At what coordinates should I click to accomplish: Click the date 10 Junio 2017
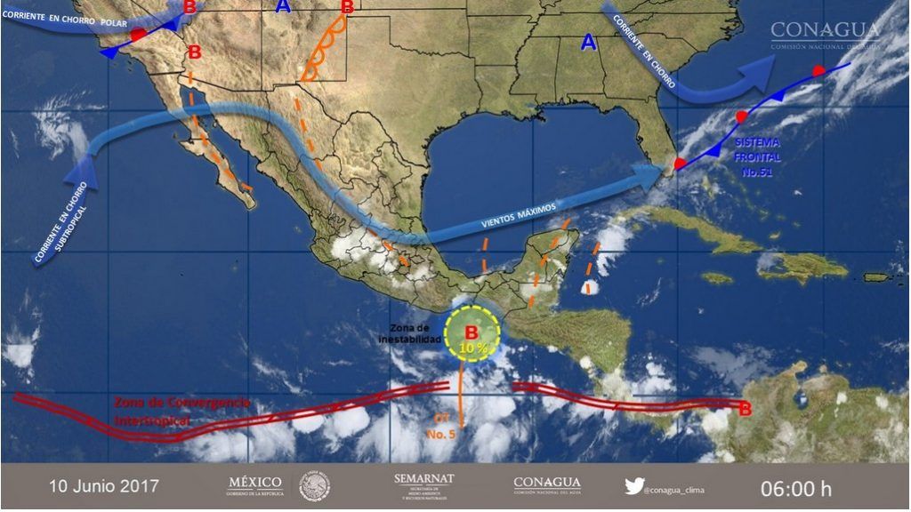pos(104,486)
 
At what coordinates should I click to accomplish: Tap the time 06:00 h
pos(795,488)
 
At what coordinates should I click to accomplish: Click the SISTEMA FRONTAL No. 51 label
pos(758,157)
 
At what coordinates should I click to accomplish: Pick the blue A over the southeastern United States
pos(588,42)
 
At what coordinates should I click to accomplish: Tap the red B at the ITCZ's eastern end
pos(745,409)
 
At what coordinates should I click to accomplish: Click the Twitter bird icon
pos(634,485)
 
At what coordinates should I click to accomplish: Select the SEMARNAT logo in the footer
pos(423,484)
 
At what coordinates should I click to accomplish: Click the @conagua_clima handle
pos(677,487)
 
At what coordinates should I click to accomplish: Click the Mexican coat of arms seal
pos(314,485)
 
